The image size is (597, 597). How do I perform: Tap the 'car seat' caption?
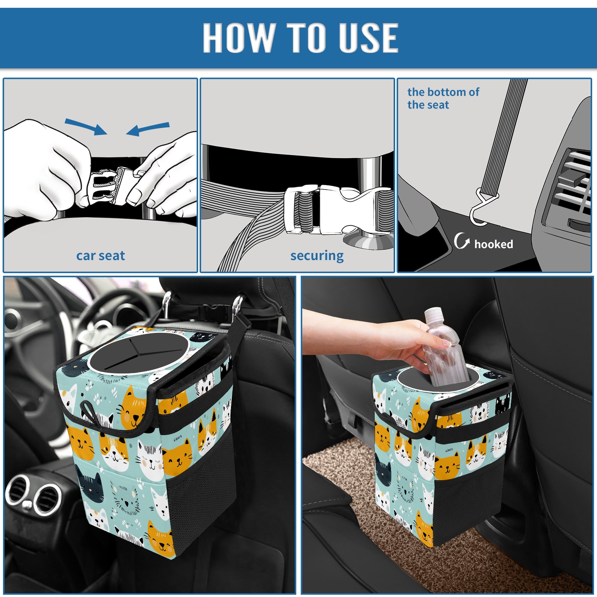[100, 256]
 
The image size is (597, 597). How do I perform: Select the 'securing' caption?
[317, 256]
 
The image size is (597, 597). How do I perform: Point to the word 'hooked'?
[494, 244]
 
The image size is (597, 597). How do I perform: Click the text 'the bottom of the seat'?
[443, 98]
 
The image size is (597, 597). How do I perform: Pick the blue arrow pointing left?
[148, 129]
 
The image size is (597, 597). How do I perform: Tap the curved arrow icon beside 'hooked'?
[462, 241]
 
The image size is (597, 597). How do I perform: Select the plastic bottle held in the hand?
[446, 347]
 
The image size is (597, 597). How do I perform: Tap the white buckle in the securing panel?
[338, 209]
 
